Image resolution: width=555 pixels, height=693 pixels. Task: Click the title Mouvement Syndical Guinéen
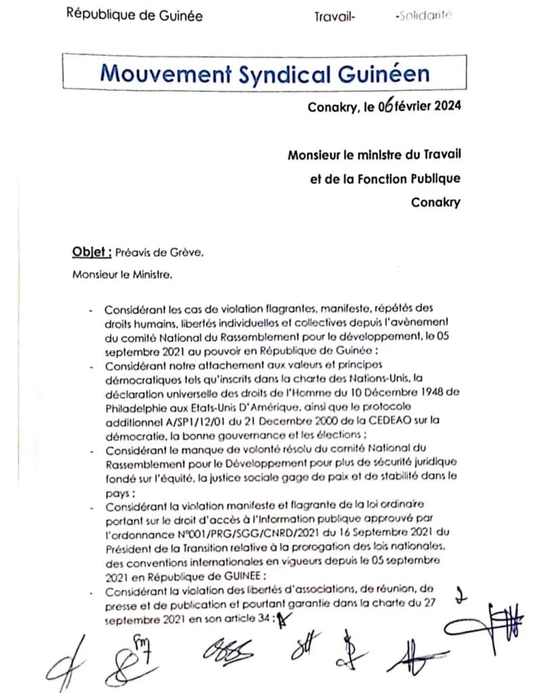pyautogui.click(x=265, y=73)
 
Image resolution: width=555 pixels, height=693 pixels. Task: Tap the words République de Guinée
pyautogui.click(x=134, y=15)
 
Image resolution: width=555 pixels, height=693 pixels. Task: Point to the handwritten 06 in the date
pyautogui.click(x=386, y=106)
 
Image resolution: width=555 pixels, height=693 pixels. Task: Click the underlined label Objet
pyautogui.click(x=91, y=252)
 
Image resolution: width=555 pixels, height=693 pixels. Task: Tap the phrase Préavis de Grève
pyautogui.click(x=159, y=253)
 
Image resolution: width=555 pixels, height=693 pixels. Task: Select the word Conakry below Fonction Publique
pyautogui.click(x=436, y=202)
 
